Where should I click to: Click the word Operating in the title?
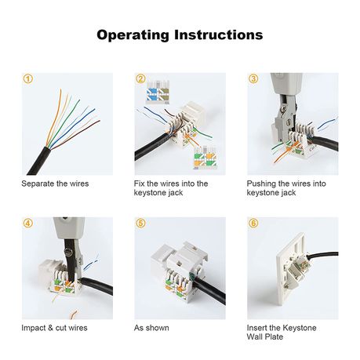[133, 35]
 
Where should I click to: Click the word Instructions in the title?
[219, 35]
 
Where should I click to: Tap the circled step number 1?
[28, 78]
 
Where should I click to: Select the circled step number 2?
[140, 78]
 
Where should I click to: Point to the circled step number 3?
[253, 78]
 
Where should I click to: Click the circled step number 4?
[28, 223]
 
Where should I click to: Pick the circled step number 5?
[140, 223]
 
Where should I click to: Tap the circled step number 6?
[253, 223]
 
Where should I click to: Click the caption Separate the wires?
[55, 184]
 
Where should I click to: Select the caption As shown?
[151, 328]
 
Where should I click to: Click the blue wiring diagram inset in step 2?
[158, 93]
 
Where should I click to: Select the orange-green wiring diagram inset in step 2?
[205, 157]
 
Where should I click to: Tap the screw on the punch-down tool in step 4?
[69, 252]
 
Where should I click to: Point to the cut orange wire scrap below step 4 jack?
[74, 315]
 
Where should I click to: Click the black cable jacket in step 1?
[39, 162]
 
